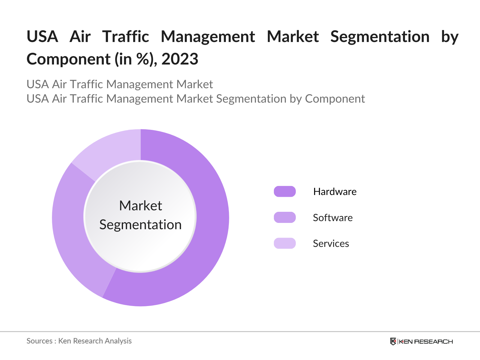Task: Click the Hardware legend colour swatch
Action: (285, 191)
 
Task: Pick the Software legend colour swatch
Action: (285, 217)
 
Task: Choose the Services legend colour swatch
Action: (285, 243)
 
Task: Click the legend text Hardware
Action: (335, 192)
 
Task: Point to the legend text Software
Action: (333, 218)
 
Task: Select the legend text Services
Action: (331, 244)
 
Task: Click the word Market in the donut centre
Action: (140, 206)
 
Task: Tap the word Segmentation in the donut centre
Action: (140, 225)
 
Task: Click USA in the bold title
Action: (42, 37)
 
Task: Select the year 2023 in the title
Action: (180, 59)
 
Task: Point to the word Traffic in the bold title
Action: (126, 37)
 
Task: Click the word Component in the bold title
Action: (68, 59)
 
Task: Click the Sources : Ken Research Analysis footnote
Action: (79, 341)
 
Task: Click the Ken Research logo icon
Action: (393, 341)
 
